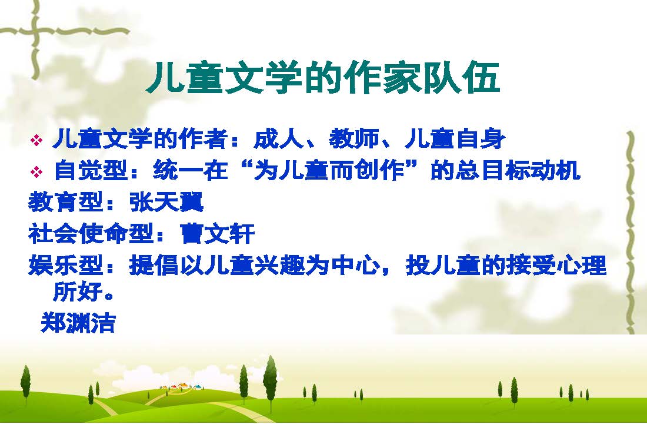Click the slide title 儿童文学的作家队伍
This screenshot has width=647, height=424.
[x=323, y=78]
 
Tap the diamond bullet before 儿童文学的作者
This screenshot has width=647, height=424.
[x=36, y=140]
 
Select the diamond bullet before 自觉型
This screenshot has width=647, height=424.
[x=36, y=171]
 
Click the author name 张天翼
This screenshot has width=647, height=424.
[x=166, y=202]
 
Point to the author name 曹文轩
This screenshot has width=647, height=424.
[x=218, y=233]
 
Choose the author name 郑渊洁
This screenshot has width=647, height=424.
[x=78, y=323]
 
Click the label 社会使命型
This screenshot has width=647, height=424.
[x=91, y=233]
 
